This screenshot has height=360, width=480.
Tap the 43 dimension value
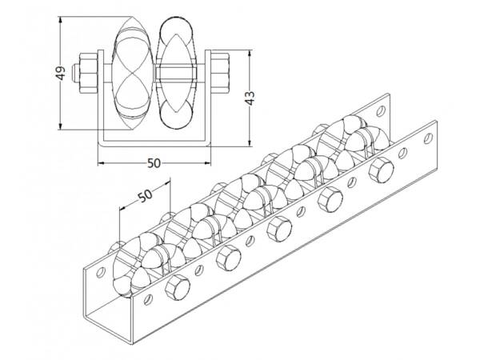pos(250,98)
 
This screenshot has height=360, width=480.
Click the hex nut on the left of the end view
pos(86,72)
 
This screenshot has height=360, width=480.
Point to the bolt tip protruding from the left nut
pos(73,72)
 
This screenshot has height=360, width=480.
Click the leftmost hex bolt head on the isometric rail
pos(178,290)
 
